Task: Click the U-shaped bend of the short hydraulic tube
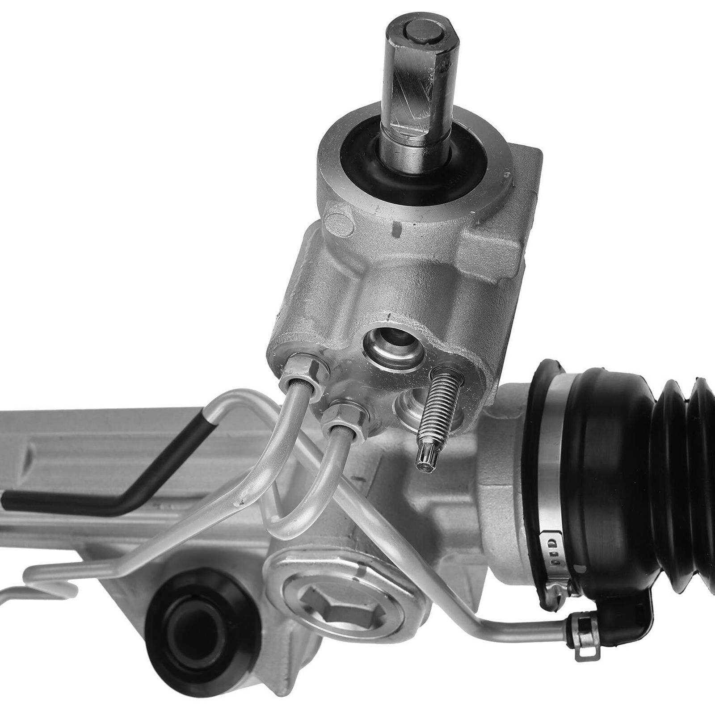(x=286, y=527)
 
